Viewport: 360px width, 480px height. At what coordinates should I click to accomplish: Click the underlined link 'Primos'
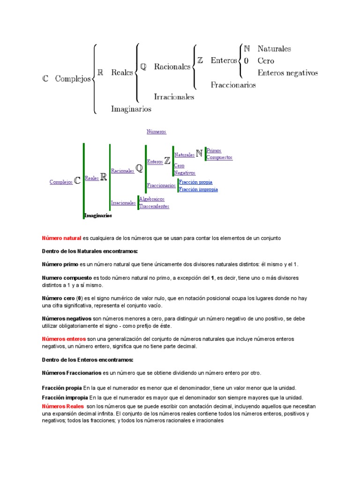(213, 150)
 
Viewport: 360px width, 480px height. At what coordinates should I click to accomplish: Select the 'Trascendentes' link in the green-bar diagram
(154, 206)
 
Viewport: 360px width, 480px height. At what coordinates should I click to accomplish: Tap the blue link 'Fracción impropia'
(198, 189)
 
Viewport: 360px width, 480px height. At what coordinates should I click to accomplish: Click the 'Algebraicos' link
(151, 199)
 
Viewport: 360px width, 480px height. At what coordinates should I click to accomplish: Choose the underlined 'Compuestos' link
(219, 157)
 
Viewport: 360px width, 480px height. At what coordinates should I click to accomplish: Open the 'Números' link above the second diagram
(157, 132)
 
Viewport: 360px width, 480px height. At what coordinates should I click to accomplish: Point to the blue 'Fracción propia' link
(195, 182)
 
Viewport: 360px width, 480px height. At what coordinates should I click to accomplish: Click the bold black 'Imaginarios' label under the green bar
(98, 216)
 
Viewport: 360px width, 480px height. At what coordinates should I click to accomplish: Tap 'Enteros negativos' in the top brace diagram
(287, 73)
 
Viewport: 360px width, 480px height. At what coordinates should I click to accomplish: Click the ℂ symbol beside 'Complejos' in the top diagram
(45, 79)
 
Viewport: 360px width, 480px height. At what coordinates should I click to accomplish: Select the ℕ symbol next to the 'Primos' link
(199, 153)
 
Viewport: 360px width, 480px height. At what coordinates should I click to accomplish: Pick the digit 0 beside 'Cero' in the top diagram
(246, 61)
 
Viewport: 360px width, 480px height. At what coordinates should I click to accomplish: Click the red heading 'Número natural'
(61, 238)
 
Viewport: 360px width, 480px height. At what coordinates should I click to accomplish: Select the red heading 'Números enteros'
(64, 338)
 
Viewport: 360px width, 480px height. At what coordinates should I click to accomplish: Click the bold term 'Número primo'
(60, 264)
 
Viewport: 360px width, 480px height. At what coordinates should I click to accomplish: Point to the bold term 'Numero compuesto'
(67, 278)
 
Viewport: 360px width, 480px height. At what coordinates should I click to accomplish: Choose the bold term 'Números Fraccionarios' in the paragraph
(72, 373)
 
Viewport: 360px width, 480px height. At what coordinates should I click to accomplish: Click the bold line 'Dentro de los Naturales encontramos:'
(90, 251)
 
